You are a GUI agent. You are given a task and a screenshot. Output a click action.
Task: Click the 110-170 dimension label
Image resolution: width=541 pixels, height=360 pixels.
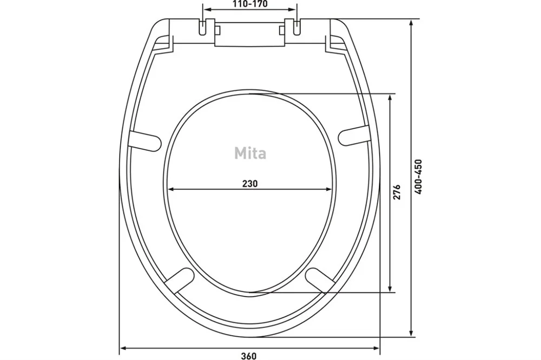(250, 4)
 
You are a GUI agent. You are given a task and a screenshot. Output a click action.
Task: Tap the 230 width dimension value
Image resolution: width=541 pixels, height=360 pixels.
(249, 183)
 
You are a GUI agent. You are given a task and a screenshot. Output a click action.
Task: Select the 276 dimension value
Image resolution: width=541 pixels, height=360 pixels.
(397, 192)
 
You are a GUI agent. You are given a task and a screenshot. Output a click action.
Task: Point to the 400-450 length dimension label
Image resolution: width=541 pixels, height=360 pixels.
(419, 177)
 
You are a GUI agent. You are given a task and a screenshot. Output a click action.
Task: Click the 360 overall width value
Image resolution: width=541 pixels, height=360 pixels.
(249, 356)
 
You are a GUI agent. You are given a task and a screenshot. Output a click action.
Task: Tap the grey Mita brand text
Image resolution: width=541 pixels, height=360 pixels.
(250, 153)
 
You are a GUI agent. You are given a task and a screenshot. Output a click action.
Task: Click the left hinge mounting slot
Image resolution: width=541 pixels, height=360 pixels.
(203, 26)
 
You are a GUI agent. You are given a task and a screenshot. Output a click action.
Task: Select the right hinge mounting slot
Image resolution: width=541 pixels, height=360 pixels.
(296, 26)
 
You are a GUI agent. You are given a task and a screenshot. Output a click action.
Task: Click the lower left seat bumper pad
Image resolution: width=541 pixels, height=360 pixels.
(179, 279)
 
